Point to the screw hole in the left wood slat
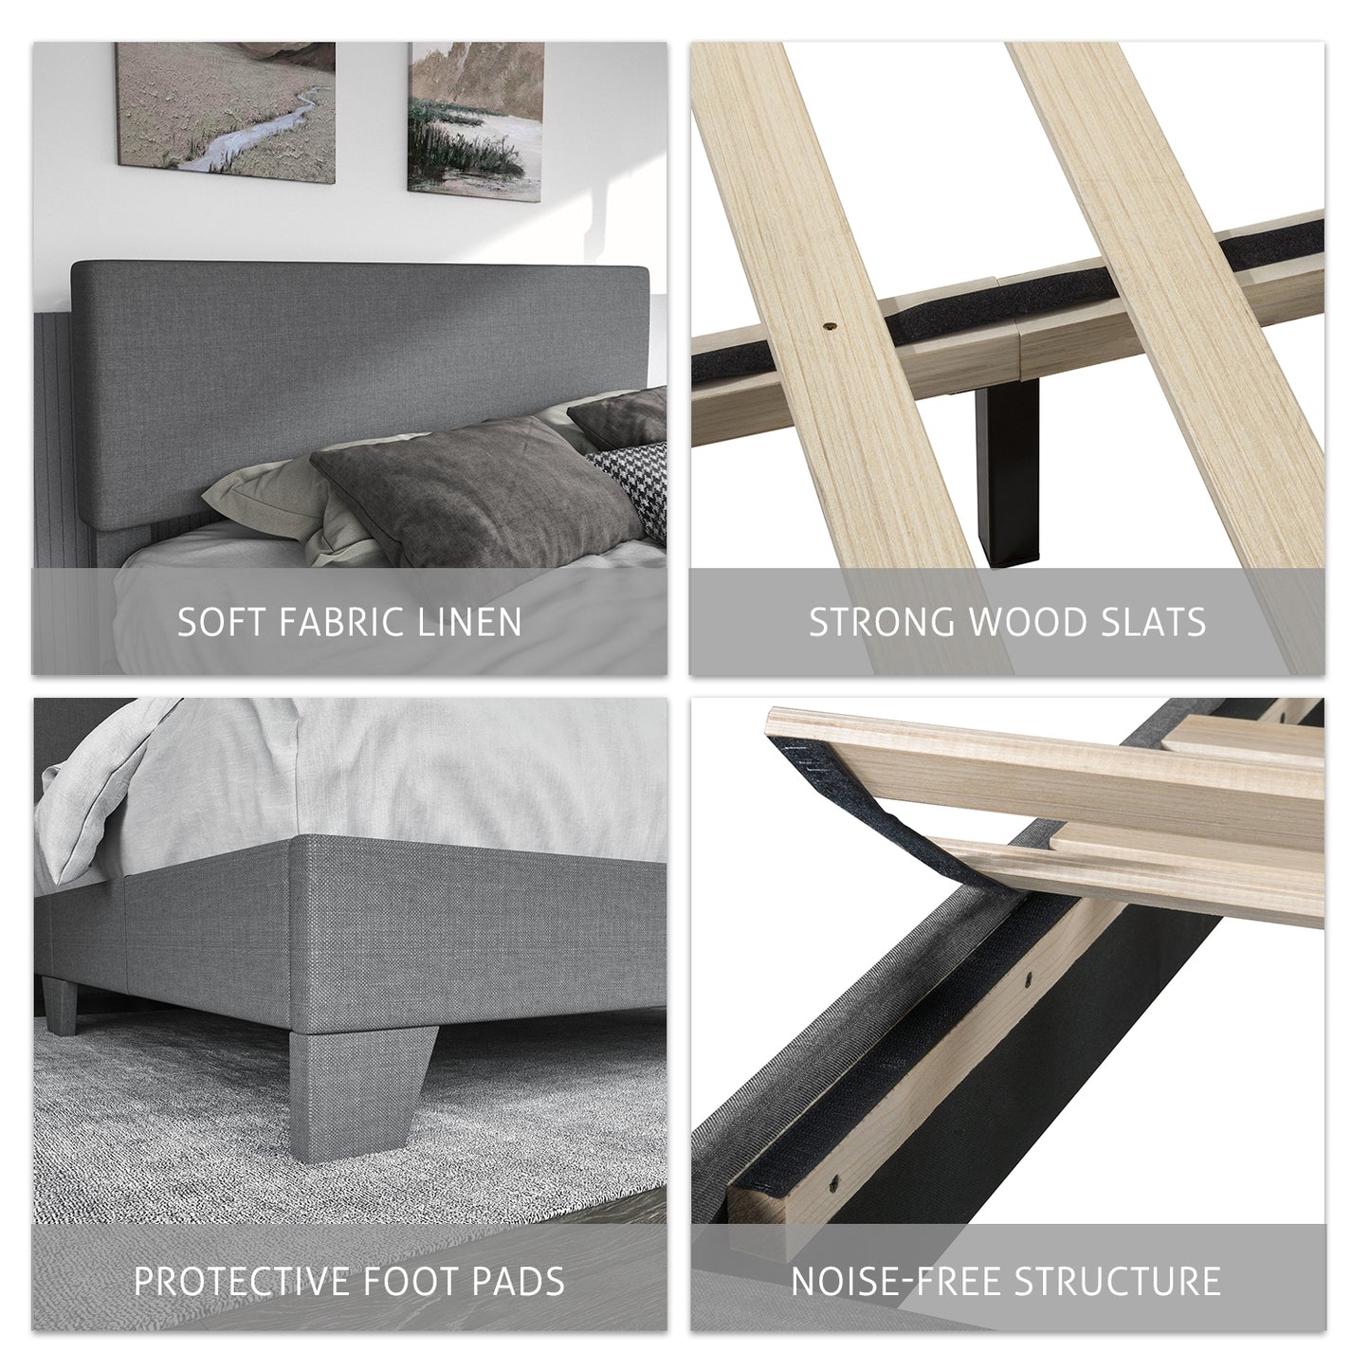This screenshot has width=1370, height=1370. (829, 325)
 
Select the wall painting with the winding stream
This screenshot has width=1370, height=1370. (226, 112)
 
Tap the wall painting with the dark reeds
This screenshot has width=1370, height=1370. (476, 120)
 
